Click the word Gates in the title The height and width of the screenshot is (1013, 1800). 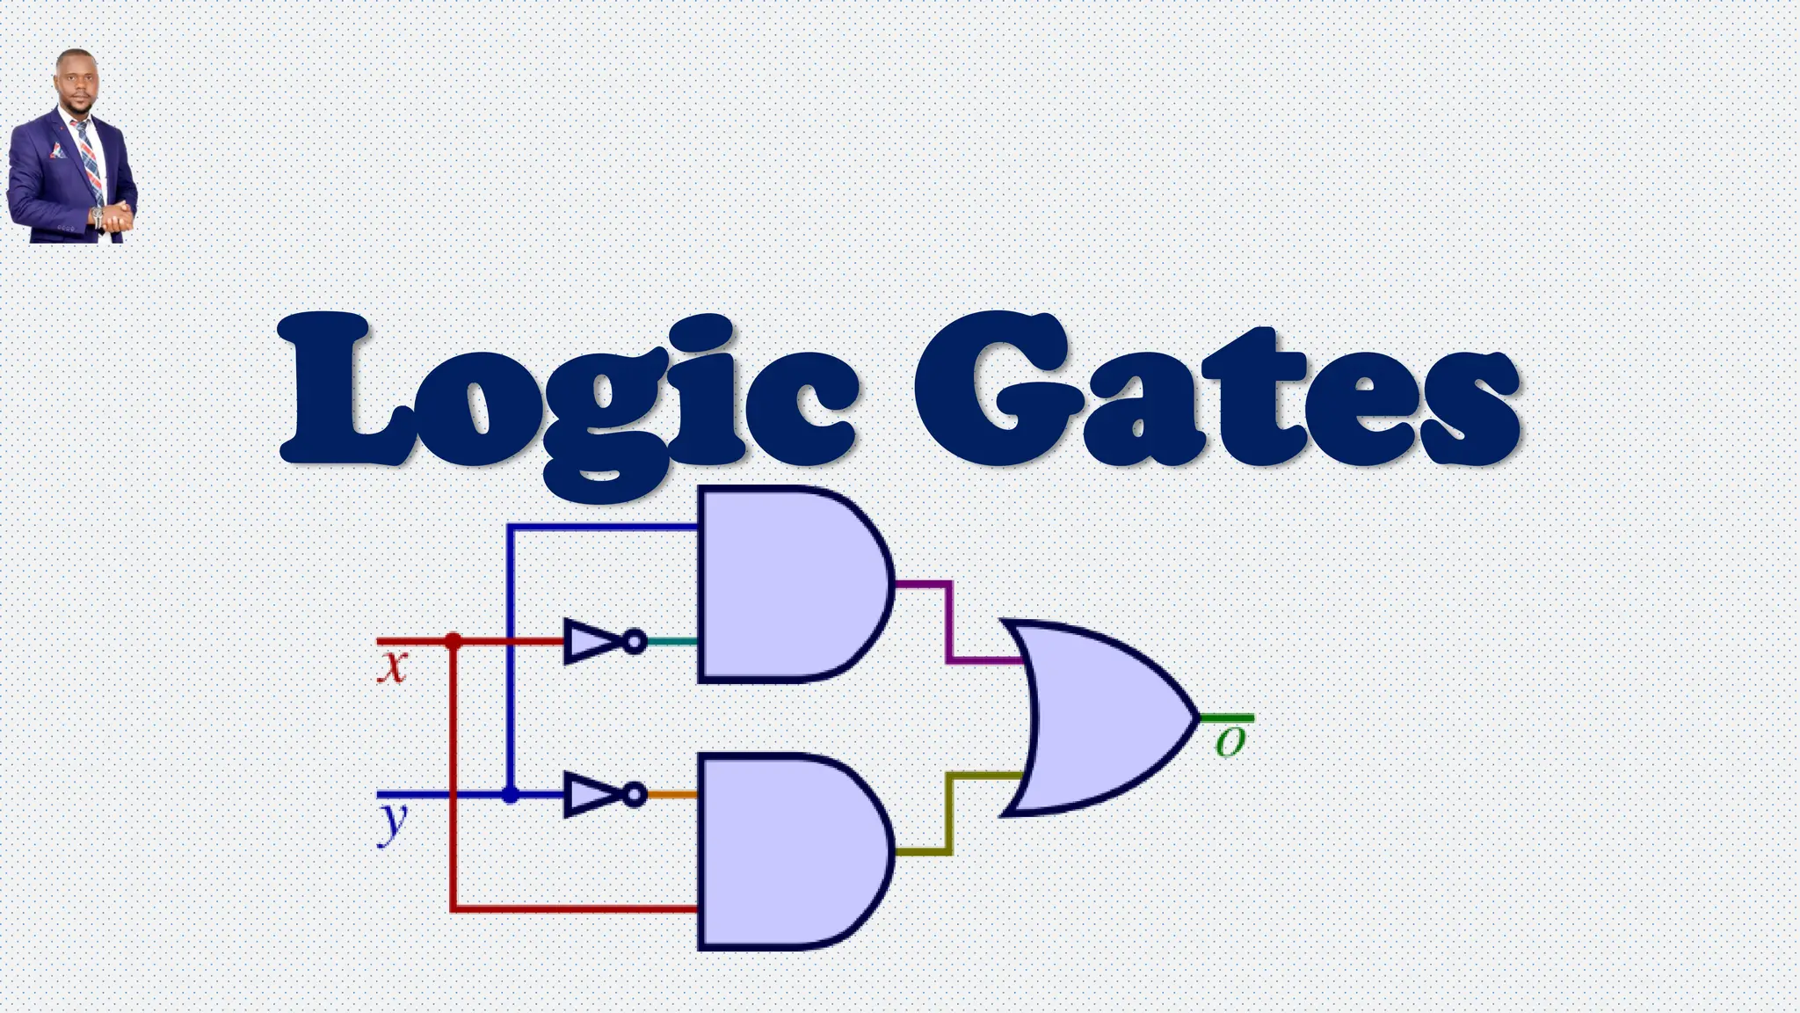(1217, 391)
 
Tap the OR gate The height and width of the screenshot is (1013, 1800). (1099, 718)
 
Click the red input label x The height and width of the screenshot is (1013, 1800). (393, 667)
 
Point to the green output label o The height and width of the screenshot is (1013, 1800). (1230, 742)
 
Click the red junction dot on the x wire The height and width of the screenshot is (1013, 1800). (453, 641)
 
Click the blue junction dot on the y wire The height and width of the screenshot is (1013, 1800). (510, 795)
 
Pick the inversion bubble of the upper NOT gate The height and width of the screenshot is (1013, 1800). (635, 641)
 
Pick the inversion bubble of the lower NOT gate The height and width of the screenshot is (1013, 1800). (635, 795)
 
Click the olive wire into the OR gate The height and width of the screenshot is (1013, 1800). (949, 813)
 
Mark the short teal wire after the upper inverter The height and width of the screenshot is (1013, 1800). (672, 641)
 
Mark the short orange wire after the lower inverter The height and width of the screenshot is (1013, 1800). (672, 795)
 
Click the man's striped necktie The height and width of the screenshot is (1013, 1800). (89, 158)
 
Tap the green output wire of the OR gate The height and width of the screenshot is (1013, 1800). (1227, 718)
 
